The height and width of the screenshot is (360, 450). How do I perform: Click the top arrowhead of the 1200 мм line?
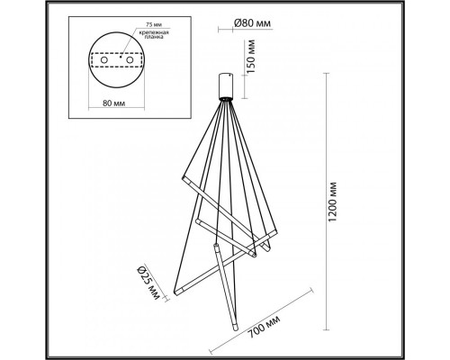(x=321, y=74)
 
